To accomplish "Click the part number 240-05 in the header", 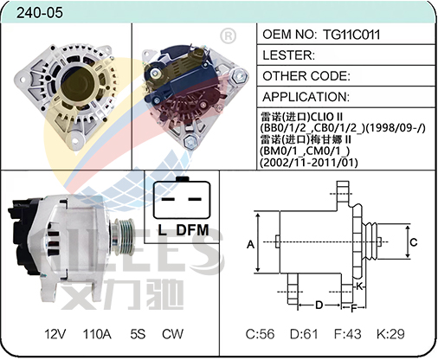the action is click(40, 13).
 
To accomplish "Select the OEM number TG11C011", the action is click(351, 35).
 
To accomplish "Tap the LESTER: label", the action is click(289, 55).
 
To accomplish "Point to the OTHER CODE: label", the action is click(306, 76).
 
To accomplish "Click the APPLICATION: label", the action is click(306, 97).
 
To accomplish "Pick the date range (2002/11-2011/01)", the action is click(309, 163).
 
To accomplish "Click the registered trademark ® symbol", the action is click(228, 35).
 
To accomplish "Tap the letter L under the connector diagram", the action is click(163, 230).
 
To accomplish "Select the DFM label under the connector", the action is click(192, 230).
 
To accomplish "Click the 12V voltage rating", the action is click(55, 334).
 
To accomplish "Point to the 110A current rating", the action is click(97, 334).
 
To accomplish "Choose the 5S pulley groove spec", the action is click(138, 334).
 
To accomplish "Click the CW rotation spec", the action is click(172, 334).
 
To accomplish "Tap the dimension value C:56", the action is click(260, 334).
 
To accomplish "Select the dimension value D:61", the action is click(304, 334).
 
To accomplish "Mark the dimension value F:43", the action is click(347, 334).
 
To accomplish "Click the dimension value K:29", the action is click(390, 334).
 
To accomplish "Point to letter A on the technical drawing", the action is click(250, 245).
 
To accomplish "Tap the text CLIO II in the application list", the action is click(326, 117).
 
